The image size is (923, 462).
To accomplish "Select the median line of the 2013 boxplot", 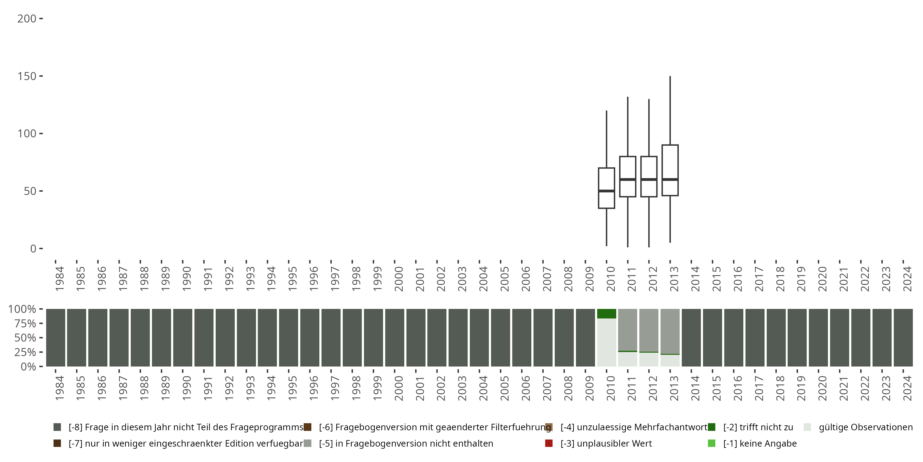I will (x=670, y=179).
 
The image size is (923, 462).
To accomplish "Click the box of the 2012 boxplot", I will (x=649, y=168).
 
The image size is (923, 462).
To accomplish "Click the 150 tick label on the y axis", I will (x=27, y=76).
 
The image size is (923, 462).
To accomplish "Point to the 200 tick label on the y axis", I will (x=27, y=19).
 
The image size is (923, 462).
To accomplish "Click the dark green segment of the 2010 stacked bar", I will (x=606, y=314).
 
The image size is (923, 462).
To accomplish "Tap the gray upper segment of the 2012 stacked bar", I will (x=649, y=330).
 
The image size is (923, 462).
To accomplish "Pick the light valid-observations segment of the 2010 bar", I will (x=606, y=342).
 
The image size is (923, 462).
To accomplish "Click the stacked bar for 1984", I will (x=56, y=338).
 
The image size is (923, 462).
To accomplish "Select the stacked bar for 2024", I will (x=903, y=338).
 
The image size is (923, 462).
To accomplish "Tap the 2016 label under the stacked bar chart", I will (x=737, y=388).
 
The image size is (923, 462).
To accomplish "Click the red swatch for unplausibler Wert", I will (x=549, y=443).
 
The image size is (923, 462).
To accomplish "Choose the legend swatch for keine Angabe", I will (x=712, y=443).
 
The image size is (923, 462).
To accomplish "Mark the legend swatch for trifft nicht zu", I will (x=712, y=427).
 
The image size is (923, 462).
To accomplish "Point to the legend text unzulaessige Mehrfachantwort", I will (x=634, y=427).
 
